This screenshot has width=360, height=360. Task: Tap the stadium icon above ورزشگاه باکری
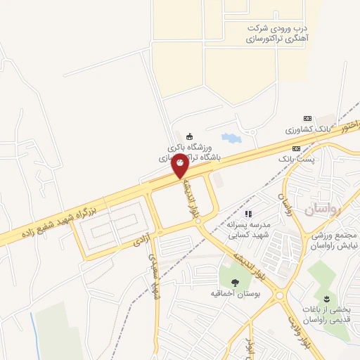(x=188, y=136)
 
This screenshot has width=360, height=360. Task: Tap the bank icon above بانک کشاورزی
(x=307, y=118)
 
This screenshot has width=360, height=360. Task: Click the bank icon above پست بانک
(x=297, y=148)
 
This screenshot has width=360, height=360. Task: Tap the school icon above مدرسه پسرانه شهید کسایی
(x=247, y=214)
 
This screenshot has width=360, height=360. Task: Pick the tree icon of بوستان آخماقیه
(x=235, y=281)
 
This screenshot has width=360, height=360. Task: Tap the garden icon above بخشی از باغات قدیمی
(x=326, y=300)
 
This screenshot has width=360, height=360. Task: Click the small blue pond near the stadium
(x=231, y=138)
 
